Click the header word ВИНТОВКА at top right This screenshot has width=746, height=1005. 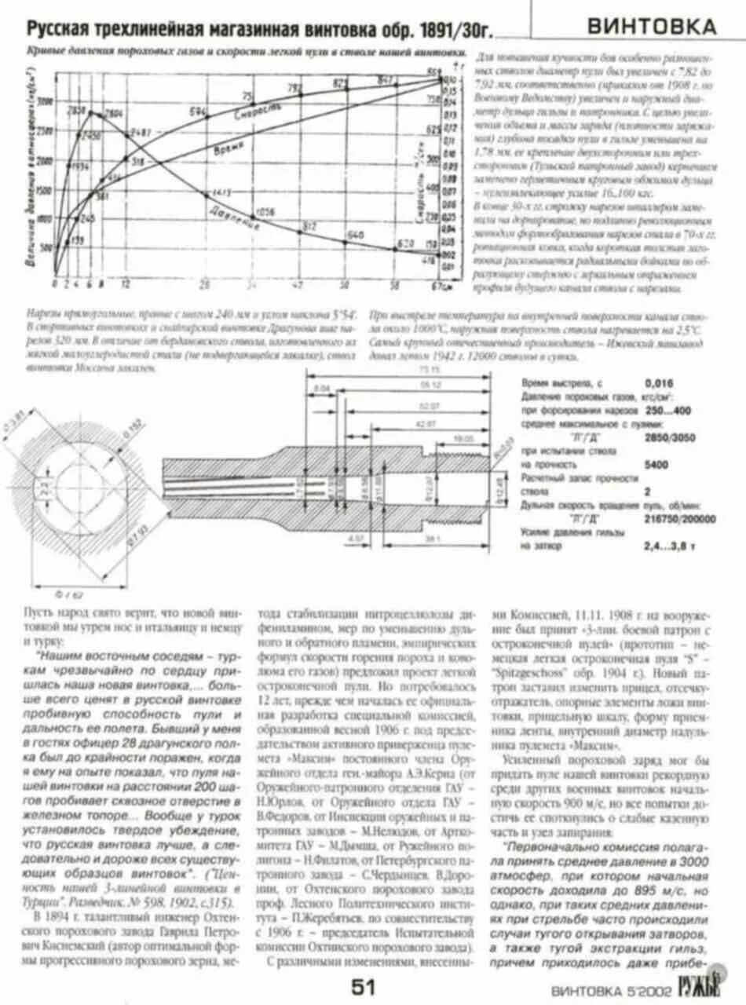[x=652, y=27]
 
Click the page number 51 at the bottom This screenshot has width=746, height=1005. [x=364, y=986]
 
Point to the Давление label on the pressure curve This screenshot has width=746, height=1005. [x=235, y=217]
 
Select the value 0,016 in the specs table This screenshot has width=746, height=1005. [x=658, y=383]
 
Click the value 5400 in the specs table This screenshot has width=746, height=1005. [x=656, y=465]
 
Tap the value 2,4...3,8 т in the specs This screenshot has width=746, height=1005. [x=669, y=545]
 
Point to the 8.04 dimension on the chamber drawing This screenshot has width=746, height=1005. [x=322, y=388]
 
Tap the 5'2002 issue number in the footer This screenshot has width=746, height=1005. [x=636, y=989]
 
